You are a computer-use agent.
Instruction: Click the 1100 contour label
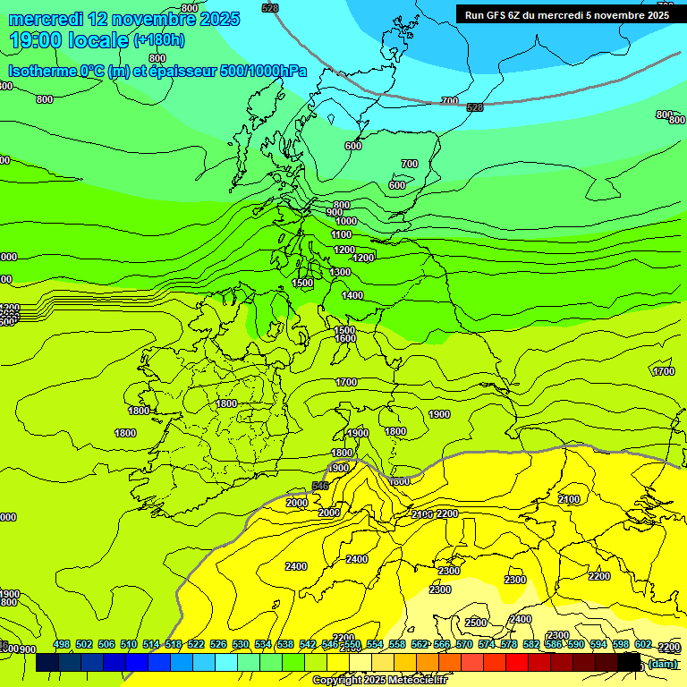[342, 234]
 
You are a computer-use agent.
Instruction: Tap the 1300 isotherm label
[340, 272]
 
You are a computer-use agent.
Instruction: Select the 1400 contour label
[352, 295]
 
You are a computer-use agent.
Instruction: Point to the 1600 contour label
[345, 338]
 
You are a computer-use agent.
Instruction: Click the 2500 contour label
[476, 623]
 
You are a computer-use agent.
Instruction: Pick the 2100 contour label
[422, 514]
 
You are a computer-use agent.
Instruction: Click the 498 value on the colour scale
[62, 645]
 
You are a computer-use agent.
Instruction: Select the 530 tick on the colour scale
[241, 645]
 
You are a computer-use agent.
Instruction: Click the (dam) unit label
[662, 663]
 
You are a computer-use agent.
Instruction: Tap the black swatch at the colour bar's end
[630, 663]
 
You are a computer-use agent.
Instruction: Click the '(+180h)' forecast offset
[159, 40]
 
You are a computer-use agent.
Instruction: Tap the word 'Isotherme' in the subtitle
[41, 71]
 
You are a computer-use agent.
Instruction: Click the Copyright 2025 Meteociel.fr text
[379, 680]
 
